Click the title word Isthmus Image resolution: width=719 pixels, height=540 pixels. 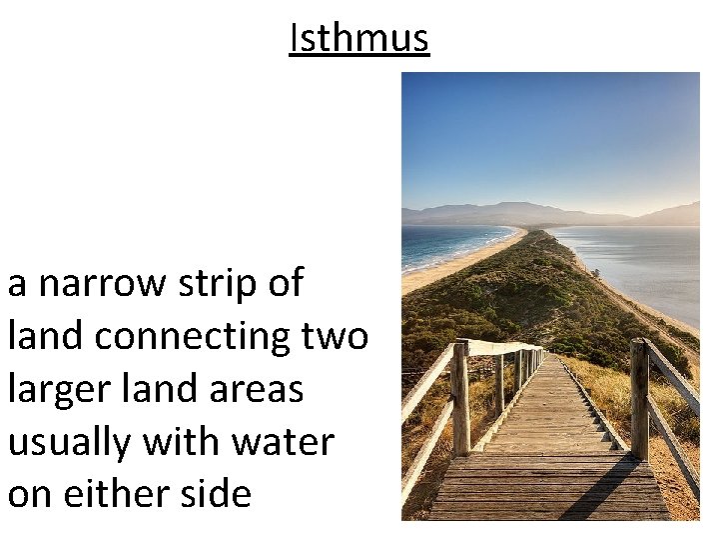click(359, 39)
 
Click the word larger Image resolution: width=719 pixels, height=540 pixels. click(57, 389)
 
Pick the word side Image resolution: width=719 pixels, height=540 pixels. click(214, 493)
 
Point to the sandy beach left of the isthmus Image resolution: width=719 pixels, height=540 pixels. click(449, 268)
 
